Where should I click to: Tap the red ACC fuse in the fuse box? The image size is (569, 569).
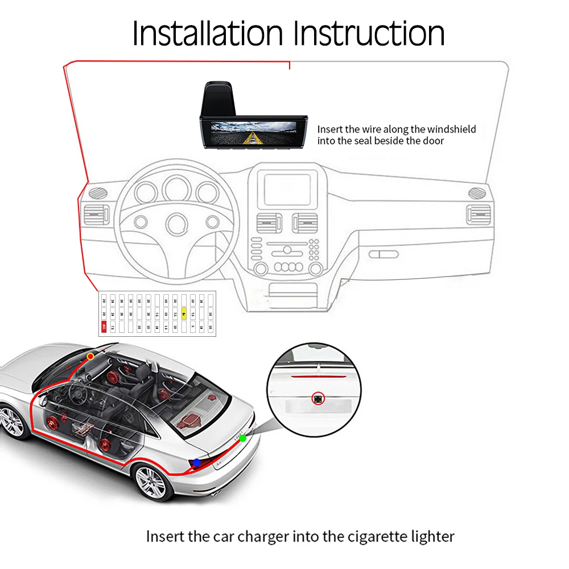[104, 327]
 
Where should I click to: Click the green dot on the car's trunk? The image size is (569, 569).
[243, 438]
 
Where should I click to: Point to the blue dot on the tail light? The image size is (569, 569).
[197, 463]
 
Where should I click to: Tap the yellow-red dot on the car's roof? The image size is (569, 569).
[90, 357]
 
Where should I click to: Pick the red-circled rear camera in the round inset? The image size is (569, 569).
[318, 399]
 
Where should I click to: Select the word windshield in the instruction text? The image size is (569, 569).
[451, 130]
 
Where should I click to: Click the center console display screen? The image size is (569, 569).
[287, 189]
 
